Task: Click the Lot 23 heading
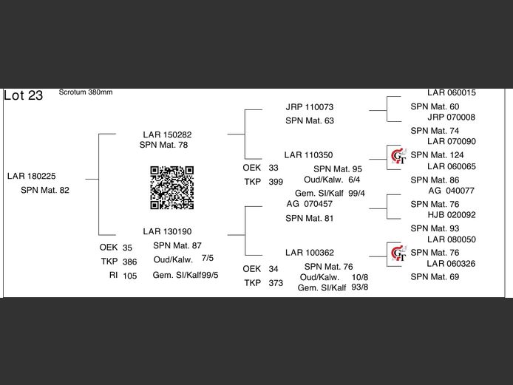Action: [24, 95]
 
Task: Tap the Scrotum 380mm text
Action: [86, 92]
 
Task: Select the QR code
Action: [171, 188]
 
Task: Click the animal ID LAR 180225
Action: [31, 176]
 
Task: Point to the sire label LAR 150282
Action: [167, 134]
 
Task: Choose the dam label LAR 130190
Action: [167, 231]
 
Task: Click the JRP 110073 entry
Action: [310, 107]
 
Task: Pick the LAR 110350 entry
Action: [308, 155]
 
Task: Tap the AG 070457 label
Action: [310, 203]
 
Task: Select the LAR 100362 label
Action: [310, 253]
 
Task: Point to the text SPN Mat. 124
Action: [437, 155]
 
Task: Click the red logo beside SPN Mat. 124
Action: [398, 155]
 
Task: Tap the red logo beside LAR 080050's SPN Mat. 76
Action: [398, 253]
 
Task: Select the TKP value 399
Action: [276, 182]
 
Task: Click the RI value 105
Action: [130, 276]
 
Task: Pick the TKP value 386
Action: [130, 262]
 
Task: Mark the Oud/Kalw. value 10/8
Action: [360, 277]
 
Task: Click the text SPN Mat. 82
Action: [45, 191]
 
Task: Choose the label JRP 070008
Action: [451, 117]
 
